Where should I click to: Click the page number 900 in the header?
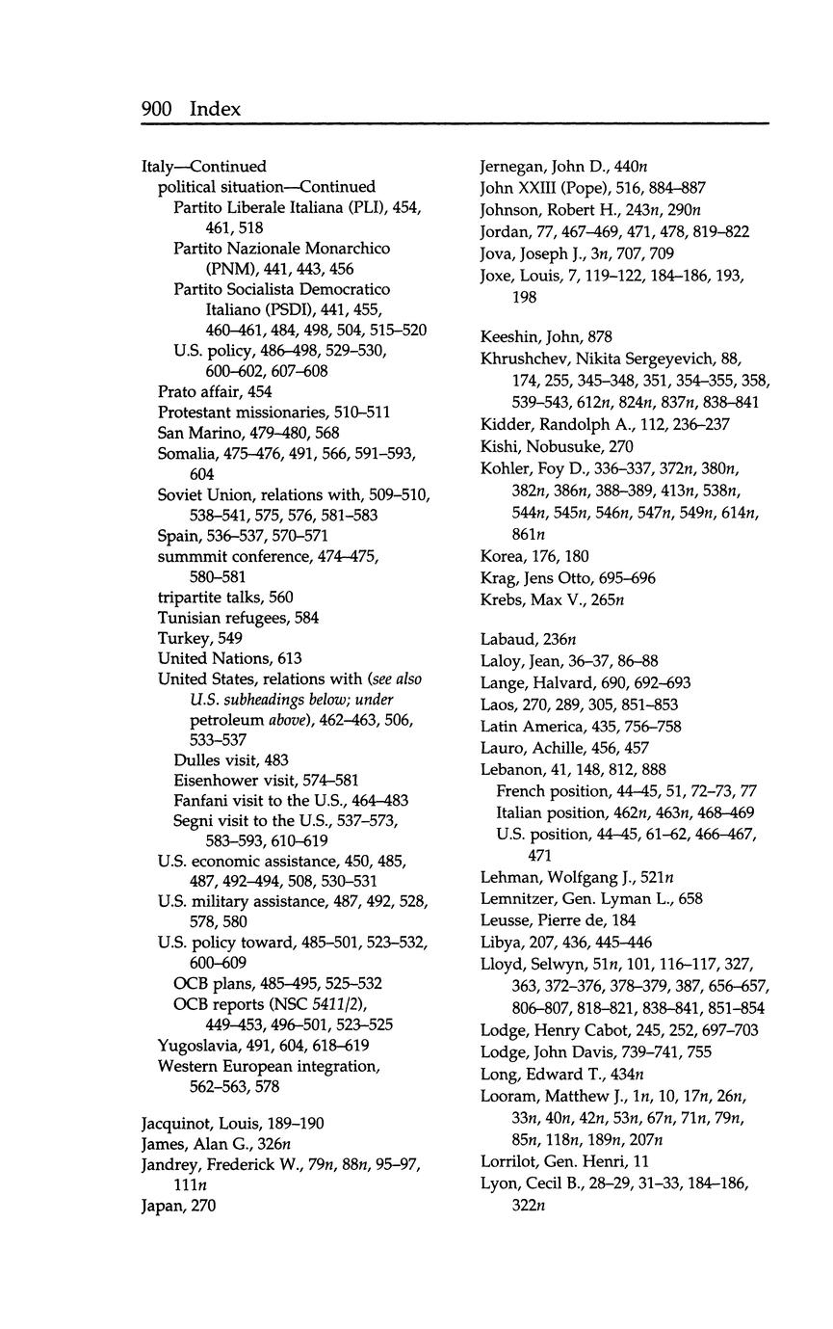(156, 109)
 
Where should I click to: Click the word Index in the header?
(215, 109)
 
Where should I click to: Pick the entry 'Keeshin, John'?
(533, 336)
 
